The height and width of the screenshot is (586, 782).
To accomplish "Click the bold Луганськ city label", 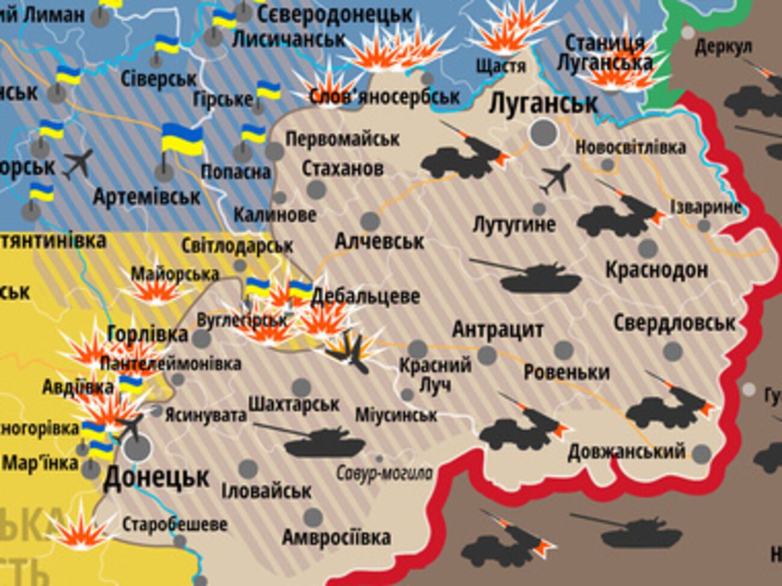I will pos(543,103).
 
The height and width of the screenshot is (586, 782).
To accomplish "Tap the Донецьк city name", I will pos(156,478).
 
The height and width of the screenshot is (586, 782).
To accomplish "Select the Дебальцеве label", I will pos(365,296).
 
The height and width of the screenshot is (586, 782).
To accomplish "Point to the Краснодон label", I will pos(656,270).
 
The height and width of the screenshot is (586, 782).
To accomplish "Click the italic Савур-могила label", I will pos(384,474).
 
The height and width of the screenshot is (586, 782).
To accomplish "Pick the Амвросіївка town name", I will pos(336,537).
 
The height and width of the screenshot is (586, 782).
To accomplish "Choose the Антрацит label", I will pos(497,329).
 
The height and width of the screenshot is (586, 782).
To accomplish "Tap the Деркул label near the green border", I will pos(723,47).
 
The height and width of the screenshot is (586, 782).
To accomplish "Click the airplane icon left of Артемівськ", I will pos(79,164).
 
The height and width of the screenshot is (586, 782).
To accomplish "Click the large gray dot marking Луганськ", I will pos(543,132).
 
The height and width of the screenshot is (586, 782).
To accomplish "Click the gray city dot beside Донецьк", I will pos(137,448).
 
